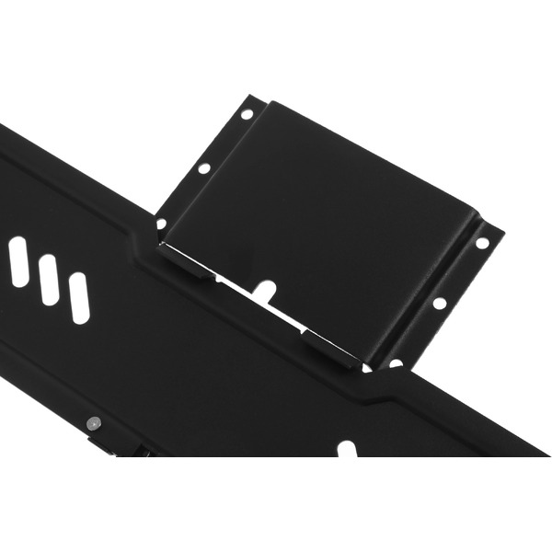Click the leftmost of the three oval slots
click(x=18, y=261)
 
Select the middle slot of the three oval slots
click(x=49, y=280)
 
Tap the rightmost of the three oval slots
click(x=79, y=298)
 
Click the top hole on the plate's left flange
click(x=247, y=114)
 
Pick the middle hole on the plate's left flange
click(x=204, y=168)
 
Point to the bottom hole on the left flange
click(x=162, y=224)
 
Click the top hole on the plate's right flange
click(x=481, y=244)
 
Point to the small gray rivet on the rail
click(x=92, y=423)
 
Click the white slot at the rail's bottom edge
click(x=346, y=450)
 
